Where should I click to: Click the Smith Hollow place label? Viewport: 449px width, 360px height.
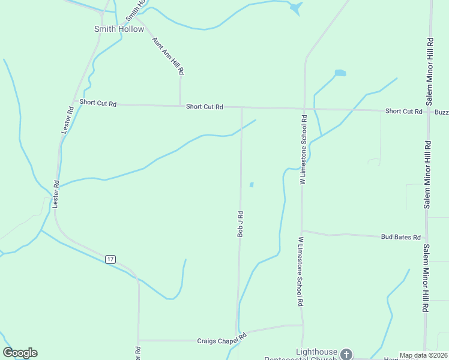(119, 29)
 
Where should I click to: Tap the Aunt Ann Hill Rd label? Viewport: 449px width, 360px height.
(168, 55)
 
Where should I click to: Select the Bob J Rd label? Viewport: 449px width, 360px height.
(240, 223)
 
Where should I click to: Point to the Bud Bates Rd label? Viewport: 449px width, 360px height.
(400, 237)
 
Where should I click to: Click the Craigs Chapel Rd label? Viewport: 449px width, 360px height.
(222, 339)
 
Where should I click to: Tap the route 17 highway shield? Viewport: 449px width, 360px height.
(110, 259)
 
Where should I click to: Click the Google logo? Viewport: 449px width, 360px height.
(20, 353)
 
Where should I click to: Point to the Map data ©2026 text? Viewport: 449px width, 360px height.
(424, 355)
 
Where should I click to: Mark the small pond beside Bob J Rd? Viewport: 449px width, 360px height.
(251, 185)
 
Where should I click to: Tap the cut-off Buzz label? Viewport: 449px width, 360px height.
(441, 112)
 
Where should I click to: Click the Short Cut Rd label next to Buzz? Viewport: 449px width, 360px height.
(403, 111)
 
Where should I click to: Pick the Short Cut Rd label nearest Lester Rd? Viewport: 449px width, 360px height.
(98, 103)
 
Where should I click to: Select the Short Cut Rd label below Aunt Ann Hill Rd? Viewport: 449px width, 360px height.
(204, 107)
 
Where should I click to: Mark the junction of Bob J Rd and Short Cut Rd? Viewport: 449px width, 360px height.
(241, 108)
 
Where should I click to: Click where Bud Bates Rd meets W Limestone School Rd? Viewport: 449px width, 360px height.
(302, 230)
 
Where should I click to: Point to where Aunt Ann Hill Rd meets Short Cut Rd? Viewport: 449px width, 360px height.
(179, 106)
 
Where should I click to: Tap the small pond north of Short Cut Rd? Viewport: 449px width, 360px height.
(340, 73)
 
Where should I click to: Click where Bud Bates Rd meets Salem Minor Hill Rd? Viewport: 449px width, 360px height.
(426, 238)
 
